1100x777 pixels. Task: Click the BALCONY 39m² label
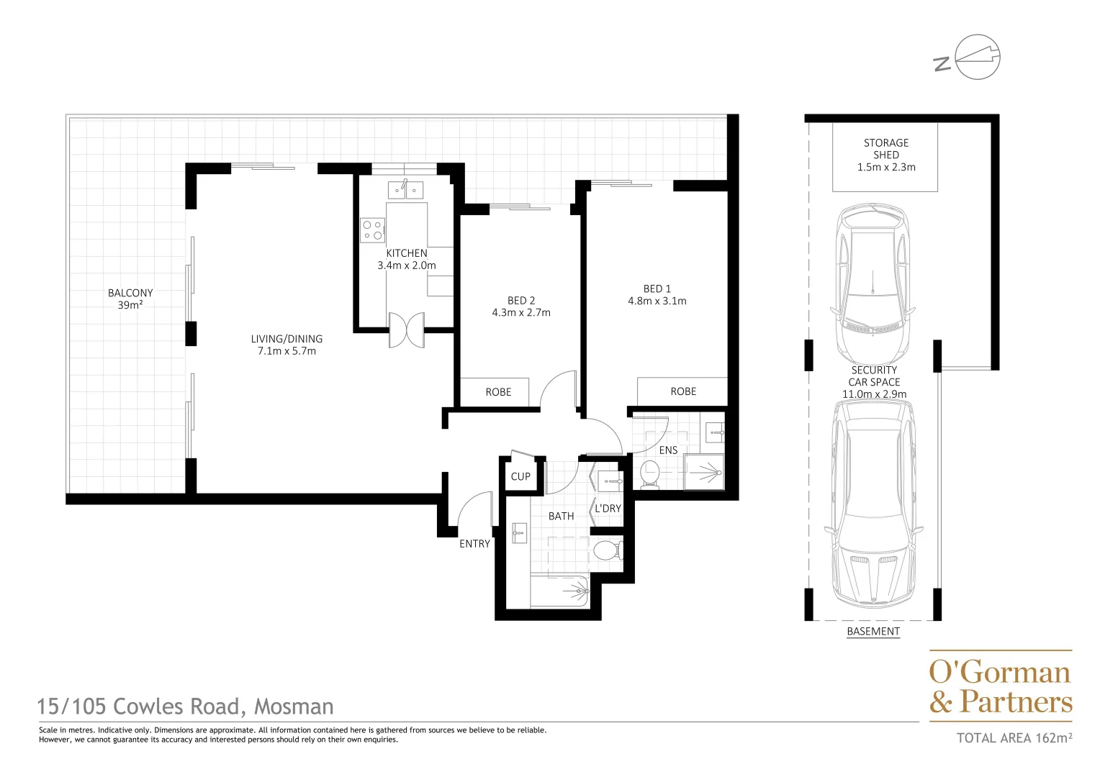(130, 299)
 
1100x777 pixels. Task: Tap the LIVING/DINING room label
(287, 345)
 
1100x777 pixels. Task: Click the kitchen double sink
(405, 190)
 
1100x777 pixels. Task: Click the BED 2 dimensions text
(521, 313)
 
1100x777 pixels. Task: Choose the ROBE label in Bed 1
(683, 391)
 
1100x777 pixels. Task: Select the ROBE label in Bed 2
(498, 392)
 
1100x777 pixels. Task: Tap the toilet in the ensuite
(649, 474)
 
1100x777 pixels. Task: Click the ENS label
(668, 450)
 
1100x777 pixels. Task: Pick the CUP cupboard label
(520, 476)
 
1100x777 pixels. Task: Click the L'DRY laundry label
(608, 509)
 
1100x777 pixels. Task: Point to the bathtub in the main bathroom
(559, 591)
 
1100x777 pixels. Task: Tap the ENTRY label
(474, 544)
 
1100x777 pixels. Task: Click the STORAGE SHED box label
(885, 155)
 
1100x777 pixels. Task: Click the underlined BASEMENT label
(873, 632)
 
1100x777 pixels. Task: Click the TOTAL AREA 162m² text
(1014, 737)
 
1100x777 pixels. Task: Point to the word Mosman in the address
(294, 706)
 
